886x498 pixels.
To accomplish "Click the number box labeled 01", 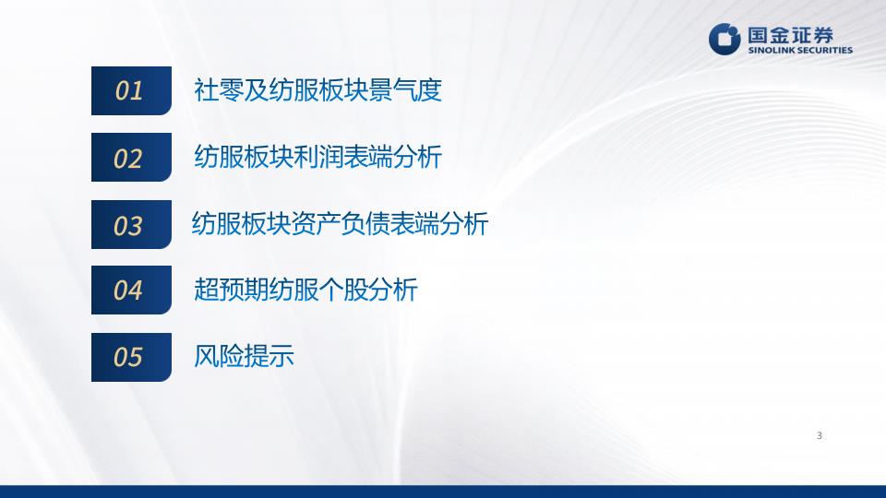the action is [131, 90].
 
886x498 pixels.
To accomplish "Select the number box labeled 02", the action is [131, 157].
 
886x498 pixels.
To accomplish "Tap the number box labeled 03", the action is [131, 224].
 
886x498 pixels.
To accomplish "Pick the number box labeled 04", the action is [131, 290].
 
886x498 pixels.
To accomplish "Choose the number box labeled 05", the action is [131, 357].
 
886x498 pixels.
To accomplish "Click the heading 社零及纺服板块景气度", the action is [317, 89].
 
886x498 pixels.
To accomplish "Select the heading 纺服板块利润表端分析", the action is [317, 157].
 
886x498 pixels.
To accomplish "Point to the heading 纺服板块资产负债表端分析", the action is [341, 223].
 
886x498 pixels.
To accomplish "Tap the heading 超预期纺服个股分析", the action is [305, 290].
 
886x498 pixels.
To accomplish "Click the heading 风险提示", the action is [244, 356].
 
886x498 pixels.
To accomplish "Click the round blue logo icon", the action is [724, 39].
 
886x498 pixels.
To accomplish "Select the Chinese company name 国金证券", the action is [791, 35].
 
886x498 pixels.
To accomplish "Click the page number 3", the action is [820, 435].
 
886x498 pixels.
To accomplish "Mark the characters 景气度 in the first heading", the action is [404, 89].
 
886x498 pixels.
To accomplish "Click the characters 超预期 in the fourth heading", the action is [231, 290].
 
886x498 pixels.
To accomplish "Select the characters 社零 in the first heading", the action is [219, 89].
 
